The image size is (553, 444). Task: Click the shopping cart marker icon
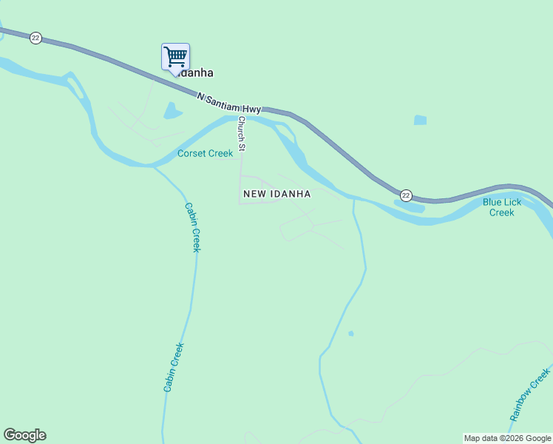coord(175,57)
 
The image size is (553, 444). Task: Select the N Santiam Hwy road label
coord(231,102)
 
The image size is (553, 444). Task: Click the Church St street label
coord(241,134)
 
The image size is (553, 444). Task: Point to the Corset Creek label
coord(205,154)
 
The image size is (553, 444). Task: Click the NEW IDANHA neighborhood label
coord(276,194)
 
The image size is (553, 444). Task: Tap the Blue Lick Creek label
coord(501,207)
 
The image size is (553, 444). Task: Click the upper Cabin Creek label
coord(192,227)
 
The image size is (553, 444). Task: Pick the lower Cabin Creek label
coord(173,367)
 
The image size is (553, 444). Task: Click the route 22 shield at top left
coord(35,38)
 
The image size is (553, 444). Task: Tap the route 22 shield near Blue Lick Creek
coord(406,195)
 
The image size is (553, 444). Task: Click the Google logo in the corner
coord(24,435)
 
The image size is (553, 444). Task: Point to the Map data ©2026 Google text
coord(507,438)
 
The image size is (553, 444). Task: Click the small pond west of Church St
coord(172,111)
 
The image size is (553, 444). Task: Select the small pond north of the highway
coord(420,120)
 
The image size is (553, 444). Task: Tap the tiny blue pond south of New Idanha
coord(350,334)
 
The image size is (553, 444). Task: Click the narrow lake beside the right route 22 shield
coord(411,207)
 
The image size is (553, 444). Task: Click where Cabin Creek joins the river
coord(155,166)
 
